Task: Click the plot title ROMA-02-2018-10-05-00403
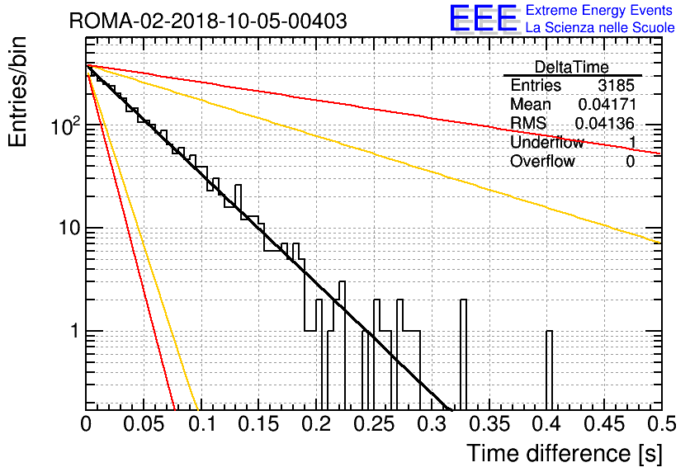click(208, 21)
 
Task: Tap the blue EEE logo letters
click(483, 18)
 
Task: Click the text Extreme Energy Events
click(599, 10)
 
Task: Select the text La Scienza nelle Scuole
click(600, 27)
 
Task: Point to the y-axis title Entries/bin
click(17, 92)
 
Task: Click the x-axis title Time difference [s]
click(565, 453)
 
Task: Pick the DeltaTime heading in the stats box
click(572, 68)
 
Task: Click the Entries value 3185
click(616, 85)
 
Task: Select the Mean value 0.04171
click(607, 104)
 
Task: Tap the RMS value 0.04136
click(605, 123)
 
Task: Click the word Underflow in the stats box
click(547, 142)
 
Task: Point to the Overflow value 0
click(630, 162)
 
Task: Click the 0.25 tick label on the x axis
click(374, 424)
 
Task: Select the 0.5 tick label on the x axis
click(661, 424)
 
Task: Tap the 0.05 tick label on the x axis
click(144, 424)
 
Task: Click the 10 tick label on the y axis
click(70, 228)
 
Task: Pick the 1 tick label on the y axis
click(75, 331)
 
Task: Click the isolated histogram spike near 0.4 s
click(549, 371)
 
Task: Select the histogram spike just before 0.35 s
click(463, 355)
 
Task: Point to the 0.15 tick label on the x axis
click(259, 424)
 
